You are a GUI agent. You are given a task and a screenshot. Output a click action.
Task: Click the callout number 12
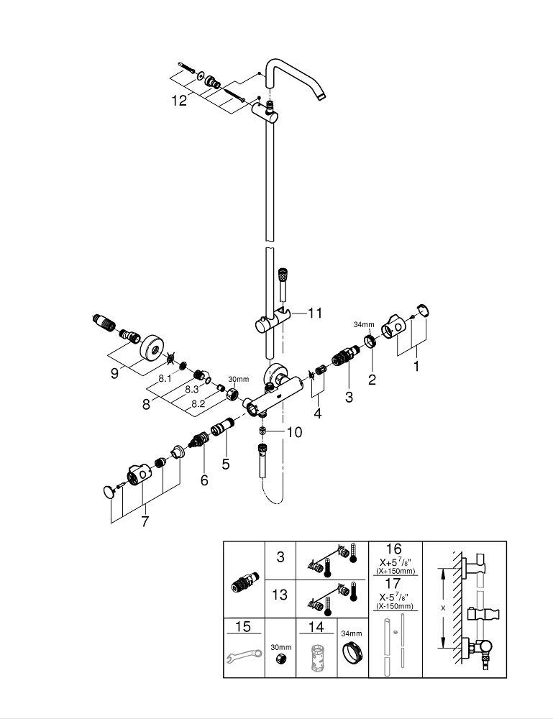click(179, 101)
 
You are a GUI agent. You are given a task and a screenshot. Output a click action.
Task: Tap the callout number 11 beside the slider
click(315, 313)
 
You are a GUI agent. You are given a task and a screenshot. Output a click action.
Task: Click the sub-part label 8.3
click(192, 388)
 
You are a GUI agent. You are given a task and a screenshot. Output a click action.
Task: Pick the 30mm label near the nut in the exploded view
click(238, 379)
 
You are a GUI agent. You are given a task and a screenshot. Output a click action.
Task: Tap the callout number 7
click(145, 521)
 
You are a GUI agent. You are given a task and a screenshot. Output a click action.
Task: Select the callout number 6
click(204, 480)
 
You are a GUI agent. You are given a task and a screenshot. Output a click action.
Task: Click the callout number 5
click(226, 464)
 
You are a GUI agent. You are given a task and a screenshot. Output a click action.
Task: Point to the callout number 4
click(317, 414)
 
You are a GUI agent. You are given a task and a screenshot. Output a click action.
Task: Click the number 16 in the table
click(393, 551)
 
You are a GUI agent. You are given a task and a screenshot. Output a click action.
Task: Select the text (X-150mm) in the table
click(393, 608)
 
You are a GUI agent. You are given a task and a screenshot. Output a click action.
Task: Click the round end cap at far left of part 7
click(109, 492)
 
